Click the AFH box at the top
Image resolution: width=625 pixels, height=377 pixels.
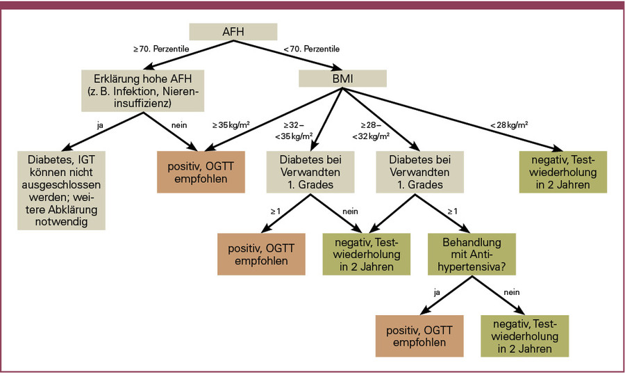point(233,31)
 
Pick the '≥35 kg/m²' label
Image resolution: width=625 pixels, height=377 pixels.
point(231,126)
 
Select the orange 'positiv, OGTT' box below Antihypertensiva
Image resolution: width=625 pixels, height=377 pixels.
point(419,335)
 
